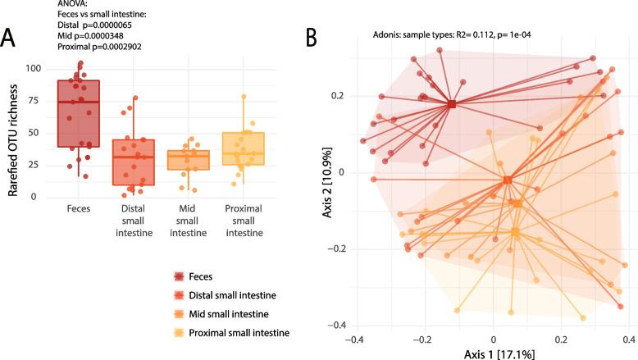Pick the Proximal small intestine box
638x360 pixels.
[x=243, y=148]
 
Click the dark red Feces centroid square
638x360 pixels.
[x=452, y=104]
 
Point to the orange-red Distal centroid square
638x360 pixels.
[x=508, y=180]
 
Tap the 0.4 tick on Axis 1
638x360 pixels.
[x=628, y=338]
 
